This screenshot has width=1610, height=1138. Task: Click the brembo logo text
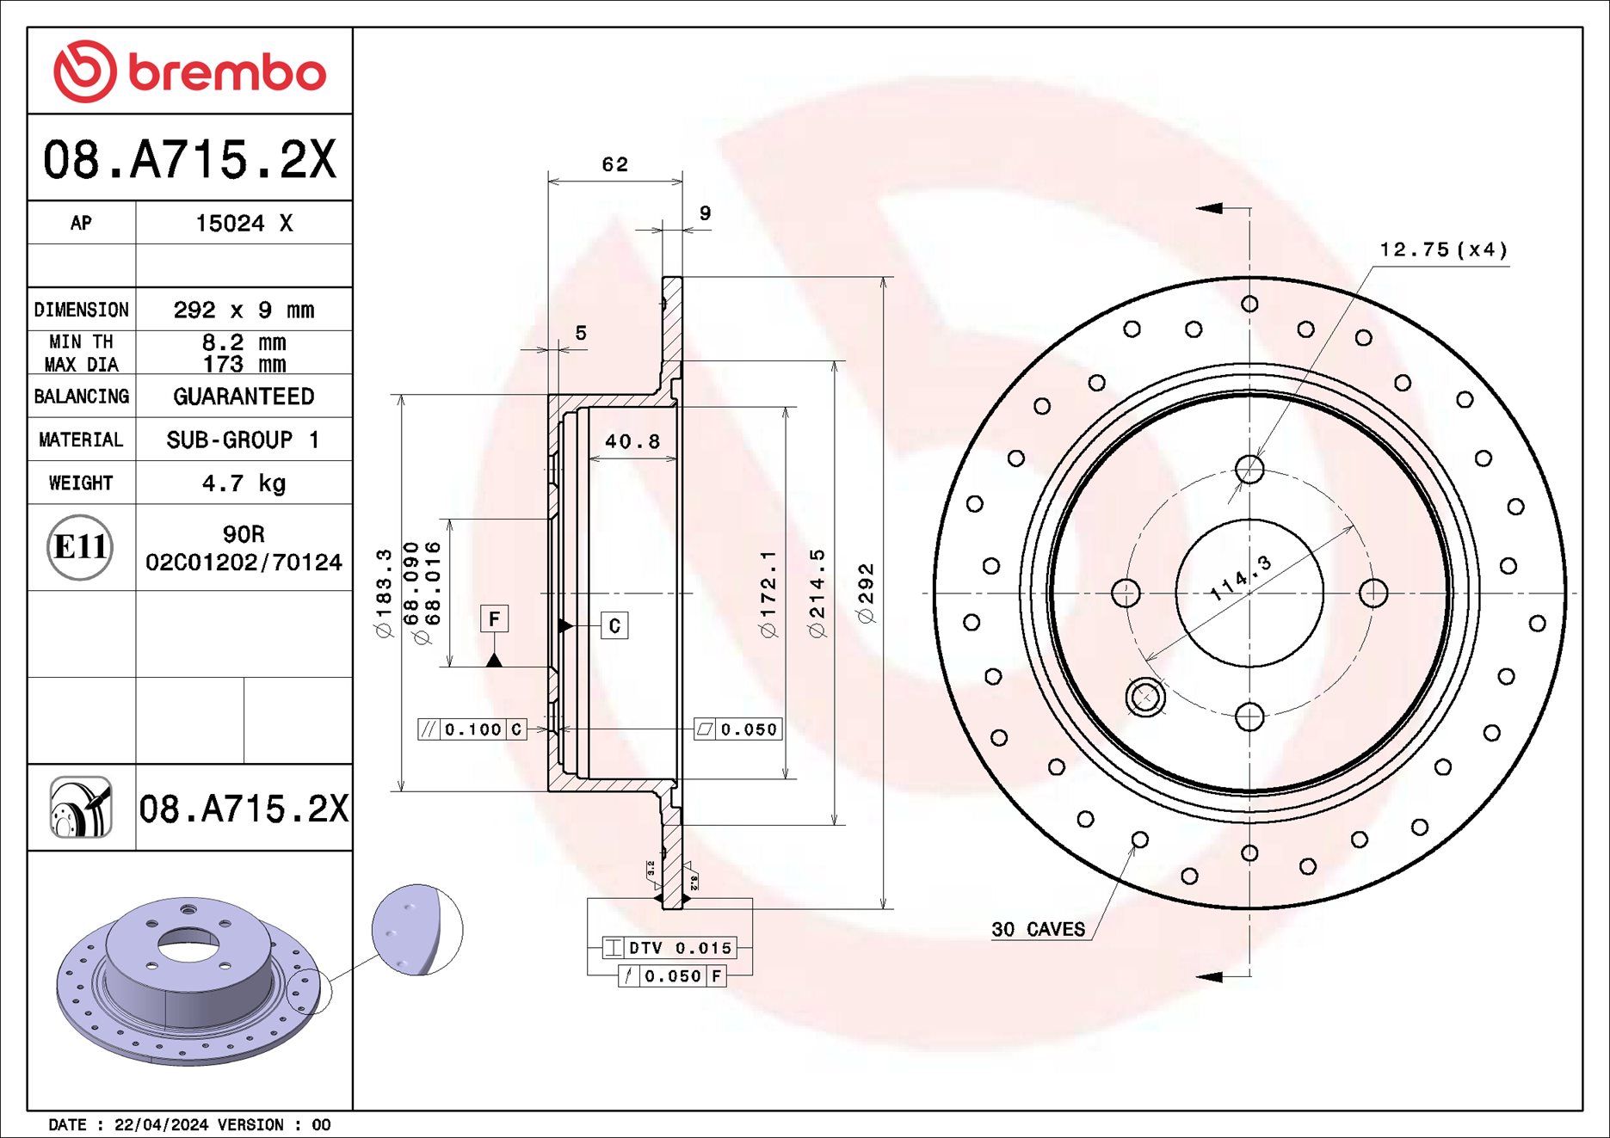tap(227, 72)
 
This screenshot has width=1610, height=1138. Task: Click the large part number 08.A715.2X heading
tap(189, 160)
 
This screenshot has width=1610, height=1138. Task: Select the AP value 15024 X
tap(244, 224)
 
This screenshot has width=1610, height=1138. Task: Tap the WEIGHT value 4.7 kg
tap(244, 483)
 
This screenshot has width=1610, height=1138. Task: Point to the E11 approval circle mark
tap(80, 547)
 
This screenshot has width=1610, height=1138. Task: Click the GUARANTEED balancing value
tap(244, 397)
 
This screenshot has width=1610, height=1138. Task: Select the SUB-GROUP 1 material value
tap(244, 440)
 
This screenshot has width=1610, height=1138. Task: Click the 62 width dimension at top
tap(614, 164)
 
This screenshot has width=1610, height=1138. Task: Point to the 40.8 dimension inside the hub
tap(632, 442)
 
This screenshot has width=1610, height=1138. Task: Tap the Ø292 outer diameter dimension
tap(866, 593)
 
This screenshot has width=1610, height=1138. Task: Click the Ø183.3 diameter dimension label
tap(384, 593)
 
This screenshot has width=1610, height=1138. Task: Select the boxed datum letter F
tap(494, 618)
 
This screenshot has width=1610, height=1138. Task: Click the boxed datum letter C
tap(614, 625)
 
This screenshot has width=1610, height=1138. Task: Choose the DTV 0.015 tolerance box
tap(669, 948)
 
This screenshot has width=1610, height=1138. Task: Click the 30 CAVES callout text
tap(1038, 929)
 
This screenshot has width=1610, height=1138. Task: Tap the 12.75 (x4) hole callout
tap(1443, 249)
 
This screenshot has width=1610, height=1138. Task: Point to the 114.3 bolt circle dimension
tap(1240, 579)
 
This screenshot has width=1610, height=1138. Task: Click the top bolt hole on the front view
tap(1249, 470)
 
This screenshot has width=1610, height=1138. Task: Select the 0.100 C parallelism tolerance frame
tap(472, 729)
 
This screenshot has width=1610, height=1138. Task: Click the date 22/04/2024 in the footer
tap(161, 1125)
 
